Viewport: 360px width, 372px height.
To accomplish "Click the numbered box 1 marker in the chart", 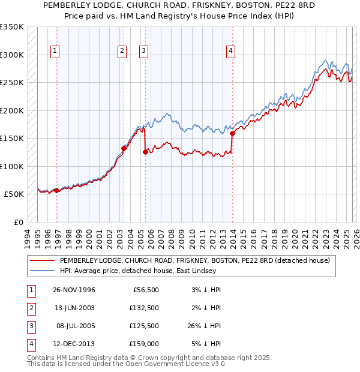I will pos(55,52).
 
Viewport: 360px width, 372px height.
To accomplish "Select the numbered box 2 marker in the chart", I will pos(122,52).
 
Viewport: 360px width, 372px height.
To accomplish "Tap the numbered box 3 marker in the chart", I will pos(144,52).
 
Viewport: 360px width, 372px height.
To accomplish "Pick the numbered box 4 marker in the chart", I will pos(230,52).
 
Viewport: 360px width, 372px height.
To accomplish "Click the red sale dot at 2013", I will pos(232,134).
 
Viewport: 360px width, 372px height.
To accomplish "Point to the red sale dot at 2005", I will pos(145,152).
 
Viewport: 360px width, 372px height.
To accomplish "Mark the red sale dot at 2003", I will pos(124,148).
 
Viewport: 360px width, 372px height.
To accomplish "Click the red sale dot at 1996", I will pos(56,191).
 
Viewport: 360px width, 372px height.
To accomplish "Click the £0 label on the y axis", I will pos(18,222).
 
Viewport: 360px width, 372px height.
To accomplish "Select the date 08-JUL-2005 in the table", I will pos(74,326).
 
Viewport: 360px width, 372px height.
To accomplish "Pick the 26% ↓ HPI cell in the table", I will pos(203,326).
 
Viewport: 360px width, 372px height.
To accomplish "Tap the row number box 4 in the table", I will pos(29,344).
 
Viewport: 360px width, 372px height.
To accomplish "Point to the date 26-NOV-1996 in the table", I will pos(74,290).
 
